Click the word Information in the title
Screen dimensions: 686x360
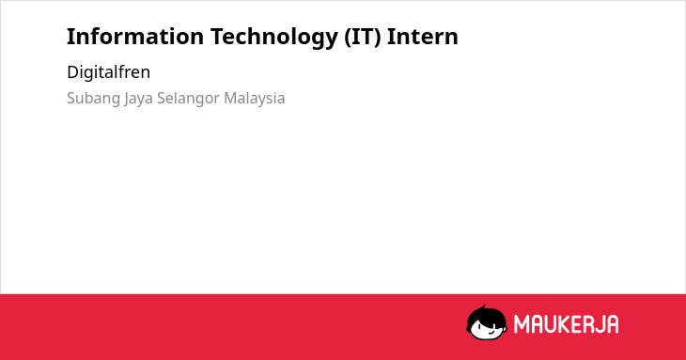click(x=135, y=37)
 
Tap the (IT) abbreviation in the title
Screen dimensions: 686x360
click(x=362, y=37)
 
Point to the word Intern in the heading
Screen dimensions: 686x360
click(x=423, y=37)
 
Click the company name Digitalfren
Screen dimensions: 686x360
click(x=108, y=72)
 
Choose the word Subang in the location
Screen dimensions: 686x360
click(x=93, y=99)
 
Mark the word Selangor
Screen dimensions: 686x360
click(x=188, y=99)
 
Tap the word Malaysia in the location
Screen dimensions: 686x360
click(x=254, y=99)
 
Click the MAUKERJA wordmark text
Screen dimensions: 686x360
click(x=566, y=324)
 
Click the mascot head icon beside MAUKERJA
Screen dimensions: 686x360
click(x=487, y=322)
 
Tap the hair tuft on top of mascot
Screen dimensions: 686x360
click(x=483, y=308)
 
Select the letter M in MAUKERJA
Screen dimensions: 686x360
click(x=522, y=324)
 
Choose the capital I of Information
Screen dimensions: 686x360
click(x=70, y=37)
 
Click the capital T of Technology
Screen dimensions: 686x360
click(x=218, y=37)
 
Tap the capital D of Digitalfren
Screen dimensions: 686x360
click(x=72, y=72)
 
